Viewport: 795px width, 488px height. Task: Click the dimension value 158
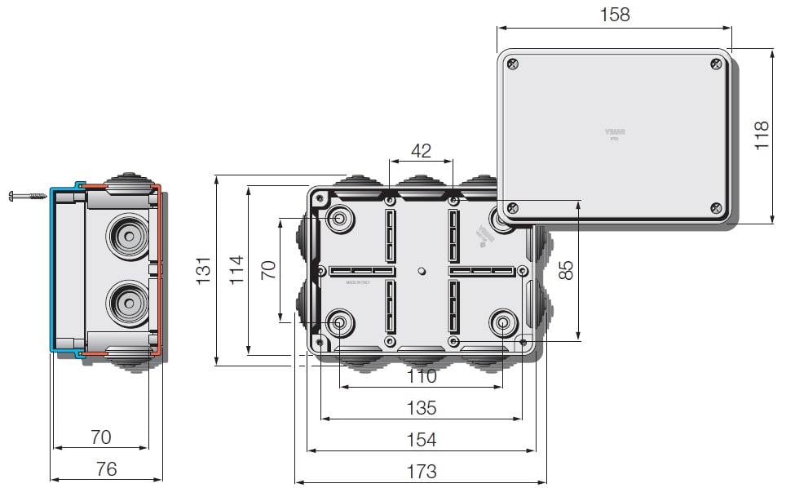(614, 15)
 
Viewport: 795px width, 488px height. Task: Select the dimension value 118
(761, 135)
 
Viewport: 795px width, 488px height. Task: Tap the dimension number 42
(421, 151)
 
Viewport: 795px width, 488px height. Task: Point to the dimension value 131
(204, 270)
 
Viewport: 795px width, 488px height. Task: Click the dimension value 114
(236, 270)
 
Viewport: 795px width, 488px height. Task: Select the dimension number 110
(421, 376)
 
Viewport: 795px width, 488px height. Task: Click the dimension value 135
(421, 407)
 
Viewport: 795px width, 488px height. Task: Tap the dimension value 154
(421, 440)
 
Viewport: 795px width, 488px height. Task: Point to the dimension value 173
(421, 471)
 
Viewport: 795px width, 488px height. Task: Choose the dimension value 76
(106, 468)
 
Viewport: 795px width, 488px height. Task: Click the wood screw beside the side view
(28, 196)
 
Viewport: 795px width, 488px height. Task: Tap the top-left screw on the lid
(512, 64)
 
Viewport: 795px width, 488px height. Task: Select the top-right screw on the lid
(716, 64)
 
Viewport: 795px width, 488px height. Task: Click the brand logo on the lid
(614, 131)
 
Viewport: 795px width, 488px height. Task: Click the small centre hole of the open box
(421, 271)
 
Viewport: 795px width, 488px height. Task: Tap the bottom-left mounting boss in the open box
(339, 323)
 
